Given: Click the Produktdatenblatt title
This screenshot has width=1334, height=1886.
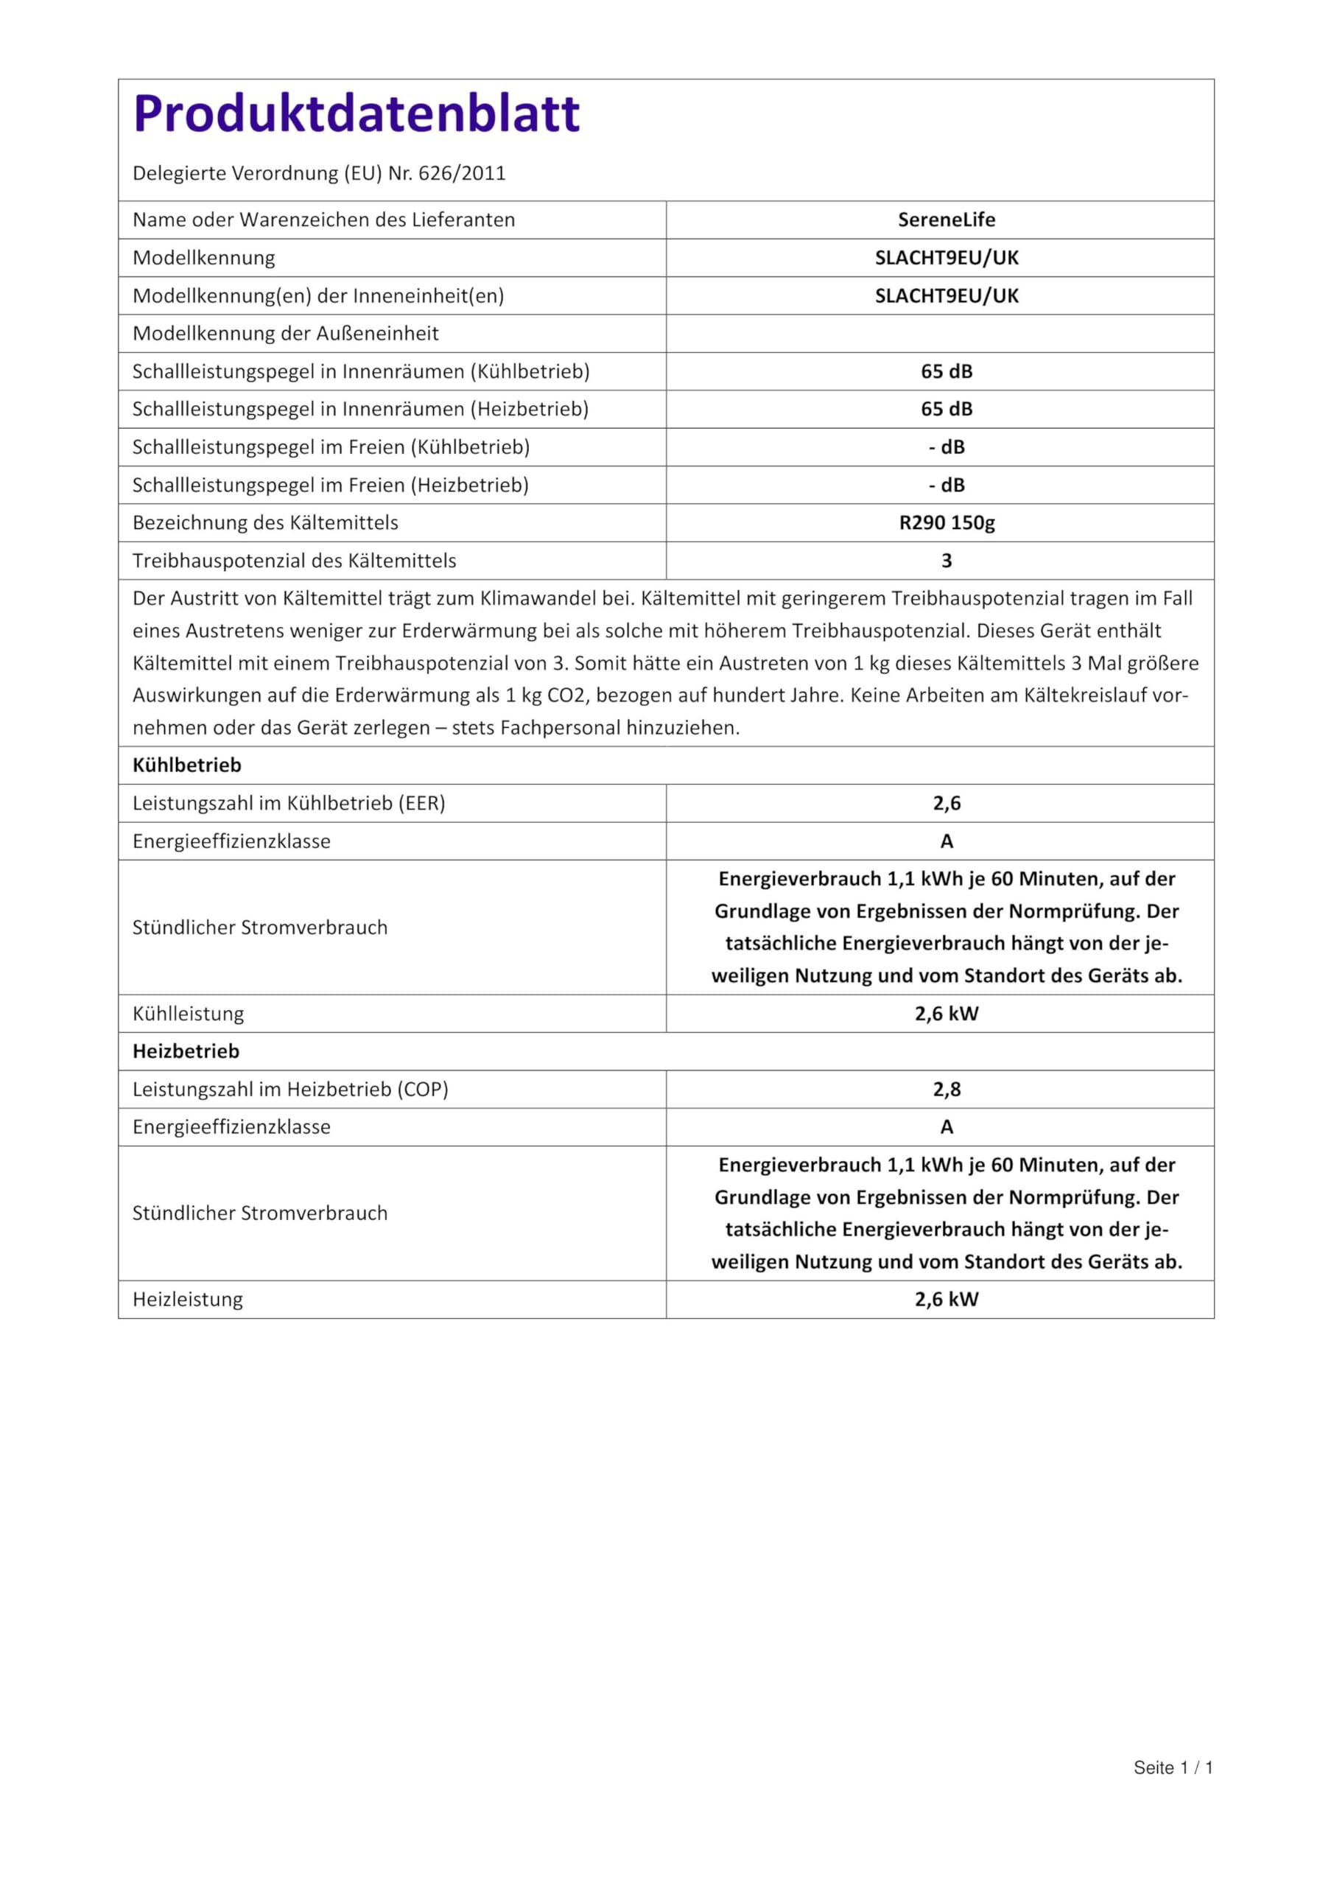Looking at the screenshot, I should point(356,113).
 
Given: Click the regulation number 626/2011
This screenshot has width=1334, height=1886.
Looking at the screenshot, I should point(462,173).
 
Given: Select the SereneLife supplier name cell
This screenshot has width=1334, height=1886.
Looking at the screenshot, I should point(947,220).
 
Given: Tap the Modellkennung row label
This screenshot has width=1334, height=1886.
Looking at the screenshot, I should point(204,258).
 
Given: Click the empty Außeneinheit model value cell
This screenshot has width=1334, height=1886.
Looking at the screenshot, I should point(940,334).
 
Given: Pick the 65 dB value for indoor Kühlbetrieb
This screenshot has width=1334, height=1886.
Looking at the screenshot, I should point(947,371).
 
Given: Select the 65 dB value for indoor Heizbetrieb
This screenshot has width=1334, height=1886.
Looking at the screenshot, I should point(947,409).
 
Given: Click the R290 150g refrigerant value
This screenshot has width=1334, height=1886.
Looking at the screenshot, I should point(947,523).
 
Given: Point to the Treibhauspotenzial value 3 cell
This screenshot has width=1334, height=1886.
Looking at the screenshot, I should point(947,561).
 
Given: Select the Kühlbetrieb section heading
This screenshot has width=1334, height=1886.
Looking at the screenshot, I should point(187,765).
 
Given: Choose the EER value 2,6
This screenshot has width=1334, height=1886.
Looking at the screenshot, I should point(947,803).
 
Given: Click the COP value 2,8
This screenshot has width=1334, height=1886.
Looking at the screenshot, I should point(947,1089).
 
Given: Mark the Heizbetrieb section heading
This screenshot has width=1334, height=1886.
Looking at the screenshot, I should point(186,1051).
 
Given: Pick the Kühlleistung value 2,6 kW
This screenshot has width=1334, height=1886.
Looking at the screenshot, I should point(947,1014).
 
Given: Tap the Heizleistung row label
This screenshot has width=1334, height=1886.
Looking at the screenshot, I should point(187,1300).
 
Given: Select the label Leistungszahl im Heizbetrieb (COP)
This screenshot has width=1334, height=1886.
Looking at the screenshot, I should point(290,1089).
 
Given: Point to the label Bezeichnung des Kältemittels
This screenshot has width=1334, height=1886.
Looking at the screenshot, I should point(265,523).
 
